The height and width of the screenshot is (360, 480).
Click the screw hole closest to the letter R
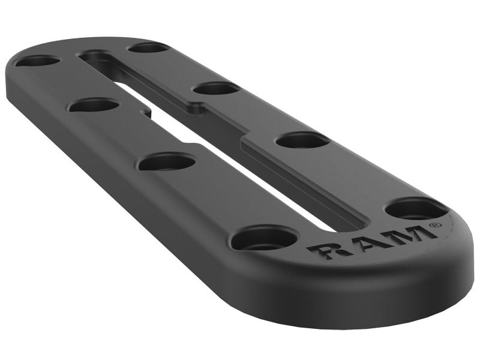point(264,239)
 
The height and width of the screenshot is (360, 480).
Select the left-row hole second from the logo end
point(167,161)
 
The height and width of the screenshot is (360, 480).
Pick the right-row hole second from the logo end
point(302,140)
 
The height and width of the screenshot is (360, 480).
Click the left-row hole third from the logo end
point(94,106)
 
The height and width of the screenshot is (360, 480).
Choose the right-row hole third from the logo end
point(217,89)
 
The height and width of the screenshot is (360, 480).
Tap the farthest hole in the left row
point(37,61)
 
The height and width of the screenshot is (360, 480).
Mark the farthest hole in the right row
point(148,47)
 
